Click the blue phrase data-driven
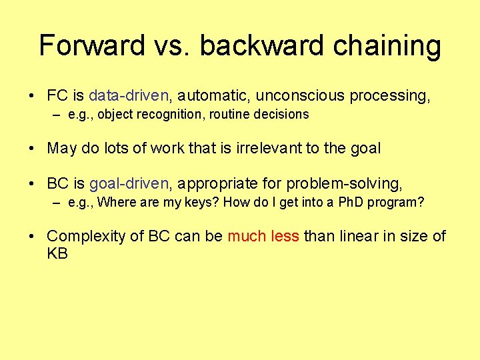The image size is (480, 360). point(129,96)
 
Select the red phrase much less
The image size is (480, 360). point(263,236)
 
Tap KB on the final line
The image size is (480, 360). point(57,254)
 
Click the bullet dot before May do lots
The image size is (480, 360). point(32,149)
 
